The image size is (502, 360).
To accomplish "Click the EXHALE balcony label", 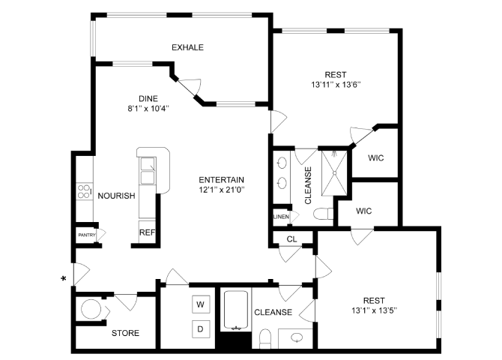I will tap(187, 47).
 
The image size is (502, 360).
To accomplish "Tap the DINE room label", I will tap(148, 97).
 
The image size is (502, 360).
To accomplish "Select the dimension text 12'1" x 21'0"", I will tap(222, 190).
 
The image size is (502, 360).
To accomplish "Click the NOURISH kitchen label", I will tap(116, 196).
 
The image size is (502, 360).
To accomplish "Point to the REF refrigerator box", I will tap(147, 232).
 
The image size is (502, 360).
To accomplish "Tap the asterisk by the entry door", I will tap(64, 279).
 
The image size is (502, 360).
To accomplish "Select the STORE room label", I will tap(125, 333).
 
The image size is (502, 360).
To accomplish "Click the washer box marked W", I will tap(200, 304).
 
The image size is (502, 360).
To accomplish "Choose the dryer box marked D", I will tap(200, 328).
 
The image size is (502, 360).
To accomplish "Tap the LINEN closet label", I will tap(280, 217).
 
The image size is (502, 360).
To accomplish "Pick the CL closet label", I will tap(293, 239).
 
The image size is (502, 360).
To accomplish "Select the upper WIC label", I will tap(376, 157).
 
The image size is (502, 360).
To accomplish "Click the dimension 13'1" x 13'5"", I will tap(378, 310).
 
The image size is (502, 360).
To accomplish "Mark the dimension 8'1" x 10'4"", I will tap(147, 108).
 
